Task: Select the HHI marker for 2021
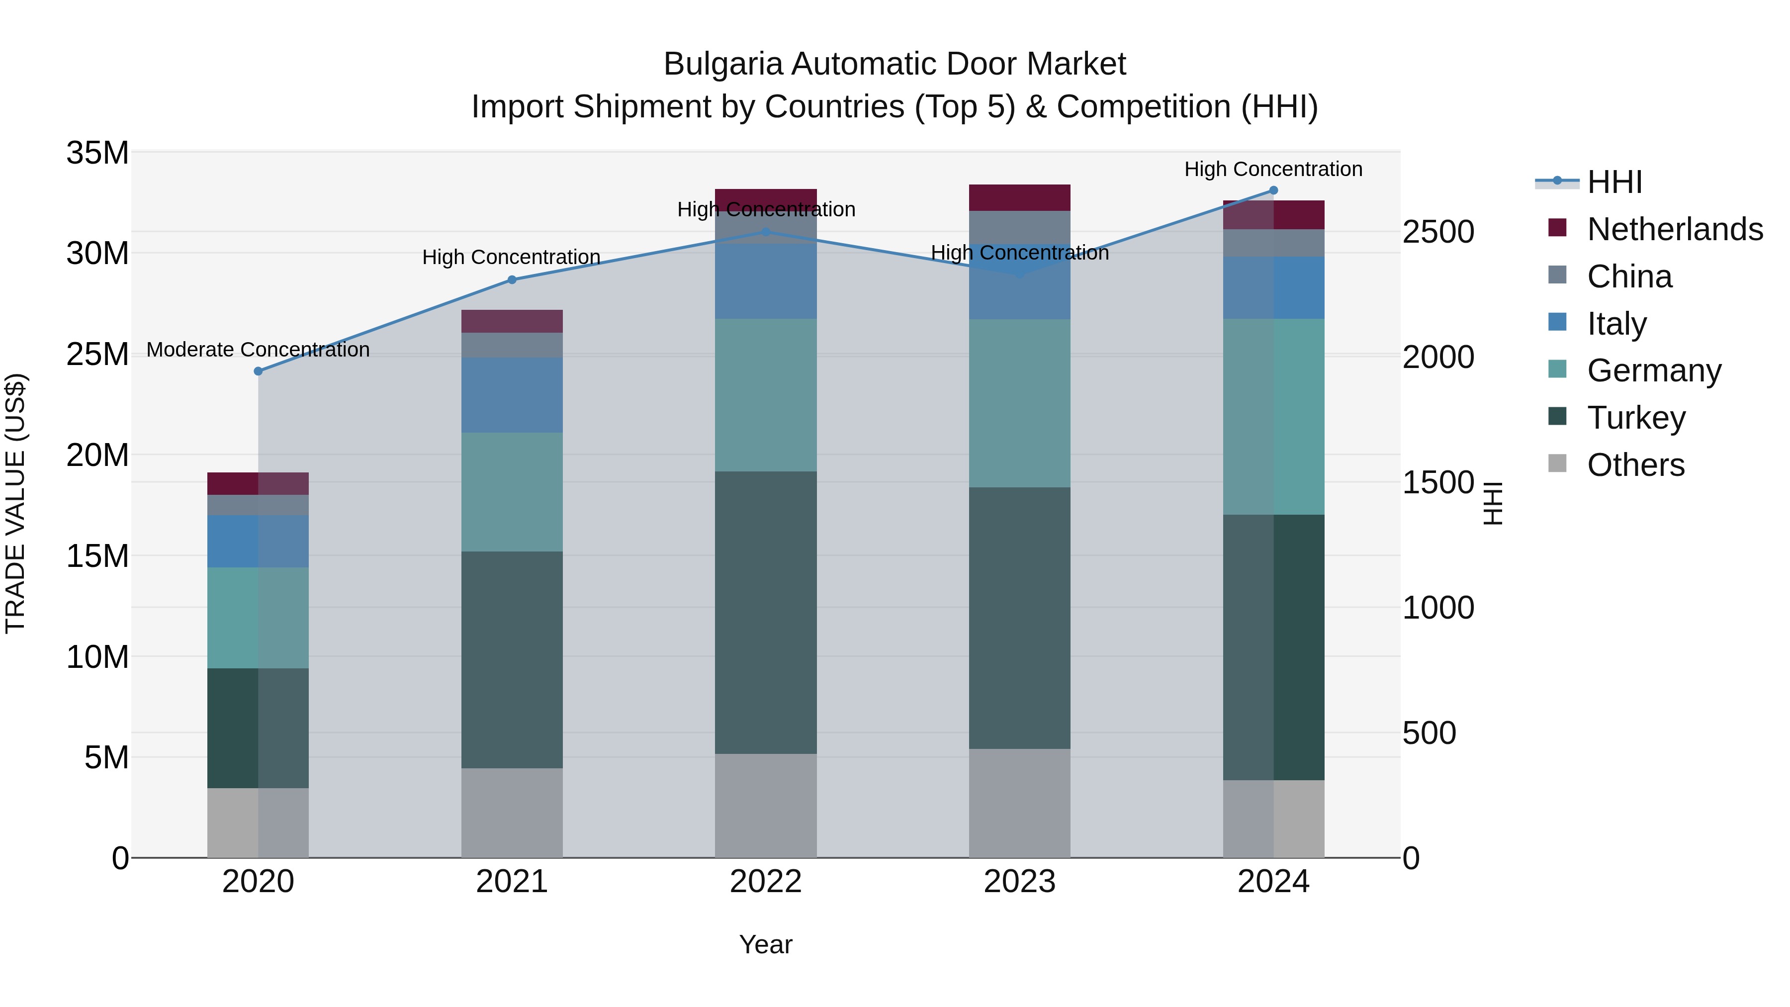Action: click(x=512, y=280)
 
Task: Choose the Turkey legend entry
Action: click(x=1636, y=418)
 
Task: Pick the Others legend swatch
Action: click(x=1557, y=463)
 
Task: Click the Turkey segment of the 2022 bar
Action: click(x=766, y=612)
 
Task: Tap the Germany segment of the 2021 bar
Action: click(x=512, y=492)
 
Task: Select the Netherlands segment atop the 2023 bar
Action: click(x=1019, y=197)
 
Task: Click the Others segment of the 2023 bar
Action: click(x=1019, y=803)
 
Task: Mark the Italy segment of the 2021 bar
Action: click(x=512, y=395)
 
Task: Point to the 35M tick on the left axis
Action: click(x=97, y=153)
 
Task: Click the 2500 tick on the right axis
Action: click(x=1437, y=232)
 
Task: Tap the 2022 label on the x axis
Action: click(x=766, y=882)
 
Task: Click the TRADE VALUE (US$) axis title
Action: click(x=15, y=503)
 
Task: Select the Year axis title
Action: click(x=766, y=944)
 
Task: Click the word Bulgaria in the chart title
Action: click(x=722, y=64)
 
